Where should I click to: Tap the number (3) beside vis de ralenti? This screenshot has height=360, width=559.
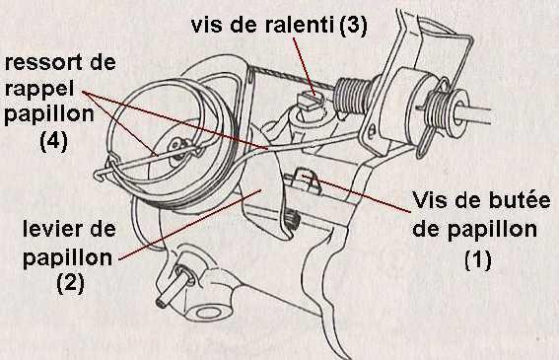point(353,25)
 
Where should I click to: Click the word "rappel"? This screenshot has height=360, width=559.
point(39,89)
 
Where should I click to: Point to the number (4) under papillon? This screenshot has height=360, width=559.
point(54,141)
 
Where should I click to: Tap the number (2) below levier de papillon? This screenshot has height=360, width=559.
point(71,283)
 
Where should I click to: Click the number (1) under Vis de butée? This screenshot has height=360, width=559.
point(478,259)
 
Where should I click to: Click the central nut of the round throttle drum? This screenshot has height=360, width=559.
point(177,146)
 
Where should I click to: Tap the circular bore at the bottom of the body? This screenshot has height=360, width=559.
point(209,313)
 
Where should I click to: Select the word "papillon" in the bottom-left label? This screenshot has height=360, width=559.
point(67,257)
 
